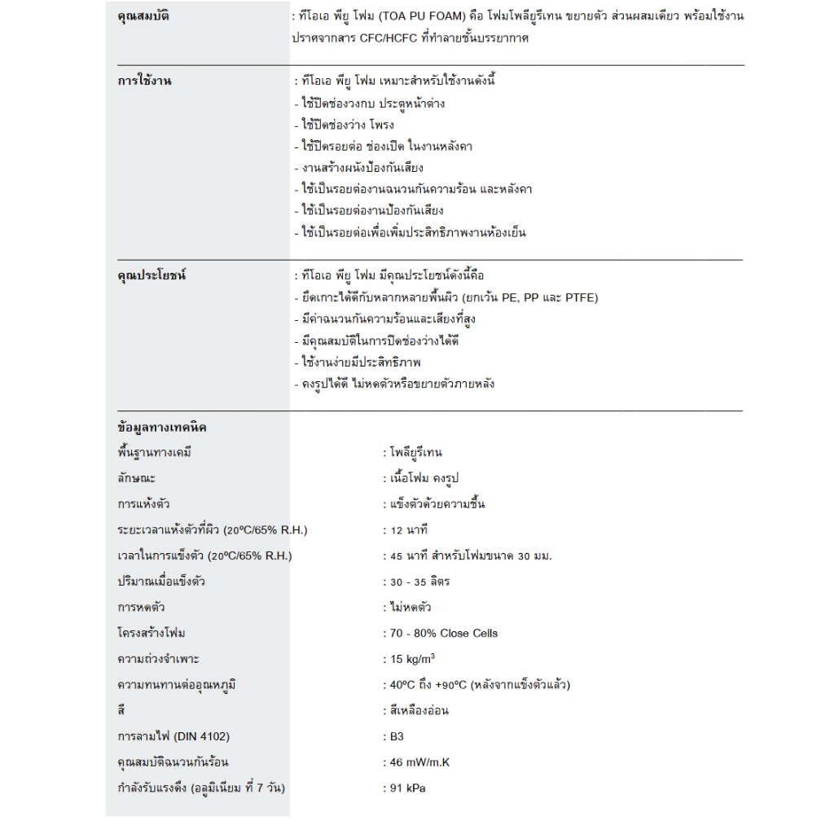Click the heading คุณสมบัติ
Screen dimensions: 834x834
143,16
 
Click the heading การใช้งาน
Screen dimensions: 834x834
144,81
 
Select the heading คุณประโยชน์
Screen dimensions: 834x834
151,275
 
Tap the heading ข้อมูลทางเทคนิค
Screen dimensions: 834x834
162,428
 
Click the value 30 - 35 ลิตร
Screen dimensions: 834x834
419,582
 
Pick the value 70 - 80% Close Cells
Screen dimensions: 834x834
444,633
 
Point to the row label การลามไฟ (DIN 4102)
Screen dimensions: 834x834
173,736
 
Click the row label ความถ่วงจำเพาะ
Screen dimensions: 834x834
158,659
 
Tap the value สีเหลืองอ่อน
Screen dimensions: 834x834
419,710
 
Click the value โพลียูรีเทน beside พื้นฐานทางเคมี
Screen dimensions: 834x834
415,453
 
